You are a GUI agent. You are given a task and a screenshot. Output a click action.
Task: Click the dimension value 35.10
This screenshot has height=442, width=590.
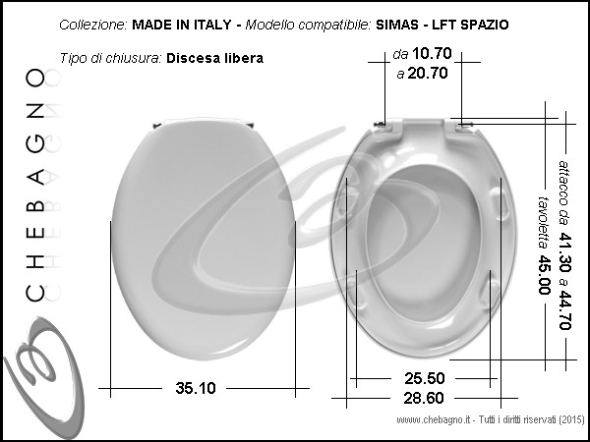196,388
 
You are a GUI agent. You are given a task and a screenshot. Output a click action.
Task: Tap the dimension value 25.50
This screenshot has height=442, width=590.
425,378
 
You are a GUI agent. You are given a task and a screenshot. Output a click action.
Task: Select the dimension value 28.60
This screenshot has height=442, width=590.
424,398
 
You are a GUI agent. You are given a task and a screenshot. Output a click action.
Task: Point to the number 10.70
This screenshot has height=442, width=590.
432,53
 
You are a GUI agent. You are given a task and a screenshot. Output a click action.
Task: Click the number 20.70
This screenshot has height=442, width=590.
428,73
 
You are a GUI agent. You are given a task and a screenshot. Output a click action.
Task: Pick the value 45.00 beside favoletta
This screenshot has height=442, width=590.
544,275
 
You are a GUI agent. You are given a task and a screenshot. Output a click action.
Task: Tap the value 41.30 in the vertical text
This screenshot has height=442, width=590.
564,252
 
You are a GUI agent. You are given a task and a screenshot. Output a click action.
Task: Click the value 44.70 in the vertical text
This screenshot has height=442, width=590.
564,310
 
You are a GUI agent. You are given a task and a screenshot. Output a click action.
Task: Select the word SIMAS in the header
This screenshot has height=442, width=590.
397,25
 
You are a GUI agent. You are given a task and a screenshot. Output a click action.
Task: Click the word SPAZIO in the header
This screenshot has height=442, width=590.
485,25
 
